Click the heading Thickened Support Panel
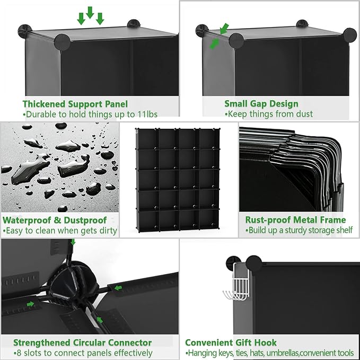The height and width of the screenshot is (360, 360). [x=74, y=104]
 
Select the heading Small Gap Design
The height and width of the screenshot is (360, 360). [x=261, y=104]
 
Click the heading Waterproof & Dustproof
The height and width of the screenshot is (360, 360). [x=55, y=220]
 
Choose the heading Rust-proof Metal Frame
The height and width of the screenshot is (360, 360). [x=295, y=220]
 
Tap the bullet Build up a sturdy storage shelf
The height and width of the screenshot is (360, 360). [x=298, y=231]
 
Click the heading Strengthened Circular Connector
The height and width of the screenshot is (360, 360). [x=82, y=343]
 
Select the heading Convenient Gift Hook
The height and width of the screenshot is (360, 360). [x=231, y=343]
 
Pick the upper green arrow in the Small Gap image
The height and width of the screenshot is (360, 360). [x=225, y=27]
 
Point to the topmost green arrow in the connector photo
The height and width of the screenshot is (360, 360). [x=73, y=242]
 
